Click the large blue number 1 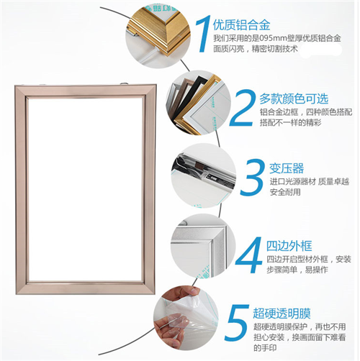pyautogui.click(x=204, y=34)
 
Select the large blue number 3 pyautogui.click(x=253, y=177)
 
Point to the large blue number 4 pyautogui.click(x=249, y=255)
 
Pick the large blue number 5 pyautogui.click(x=237, y=323)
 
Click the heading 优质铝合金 pyautogui.click(x=241, y=25)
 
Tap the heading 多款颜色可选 pyautogui.click(x=294, y=99)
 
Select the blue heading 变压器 pyautogui.click(x=287, y=168)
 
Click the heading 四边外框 pyautogui.click(x=289, y=246)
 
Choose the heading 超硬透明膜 pyautogui.click(x=282, y=314)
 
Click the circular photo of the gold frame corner pyautogui.click(x=158, y=35)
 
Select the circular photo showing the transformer pyautogui.click(x=204, y=175)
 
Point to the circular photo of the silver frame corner pyautogui.click(x=203, y=246)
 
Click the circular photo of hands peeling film pyautogui.click(x=186, y=318)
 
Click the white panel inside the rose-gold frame pyautogui.click(x=85, y=189)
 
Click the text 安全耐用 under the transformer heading pyautogui.click(x=285, y=192)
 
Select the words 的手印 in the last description pyautogui.click(x=265, y=348)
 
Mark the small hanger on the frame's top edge pyautogui.click(x=124, y=83)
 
